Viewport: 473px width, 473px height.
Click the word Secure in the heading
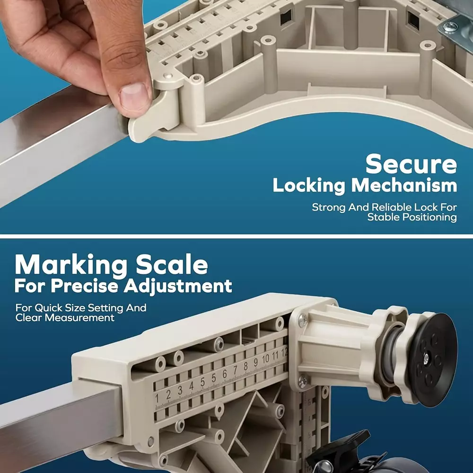pos(411,165)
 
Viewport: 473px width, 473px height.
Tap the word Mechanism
pos(404,185)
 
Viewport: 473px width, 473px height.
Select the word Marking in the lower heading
pos(71,266)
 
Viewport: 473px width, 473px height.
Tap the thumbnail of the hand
pos(134,95)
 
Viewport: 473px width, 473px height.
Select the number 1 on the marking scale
pos(157,398)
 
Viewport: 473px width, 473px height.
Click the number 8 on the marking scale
pos(245,366)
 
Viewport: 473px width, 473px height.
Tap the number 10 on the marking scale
pos(265,359)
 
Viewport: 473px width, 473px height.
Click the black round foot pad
pos(433,359)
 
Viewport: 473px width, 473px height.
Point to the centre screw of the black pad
pos(426,358)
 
